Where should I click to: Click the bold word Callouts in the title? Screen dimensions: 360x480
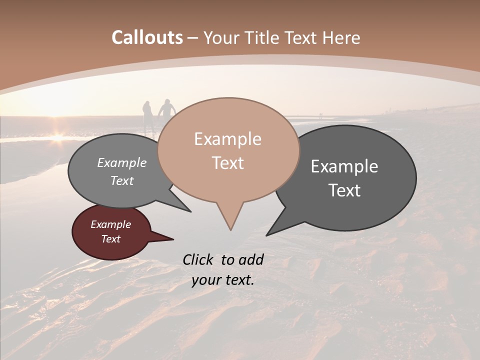(x=147, y=37)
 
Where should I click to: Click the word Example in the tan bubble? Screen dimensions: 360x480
(x=227, y=139)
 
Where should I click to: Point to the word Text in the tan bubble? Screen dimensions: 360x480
(x=227, y=163)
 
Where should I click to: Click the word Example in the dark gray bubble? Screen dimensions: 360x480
(x=344, y=166)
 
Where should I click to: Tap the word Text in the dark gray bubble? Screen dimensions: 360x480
(x=344, y=190)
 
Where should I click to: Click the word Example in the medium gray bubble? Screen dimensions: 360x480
(x=121, y=163)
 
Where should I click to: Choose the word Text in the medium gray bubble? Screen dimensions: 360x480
(x=121, y=180)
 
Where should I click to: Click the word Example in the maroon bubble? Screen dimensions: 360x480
(x=110, y=224)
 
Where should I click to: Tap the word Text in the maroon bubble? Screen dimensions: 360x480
(x=110, y=239)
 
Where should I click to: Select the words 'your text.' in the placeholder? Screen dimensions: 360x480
(x=222, y=280)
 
